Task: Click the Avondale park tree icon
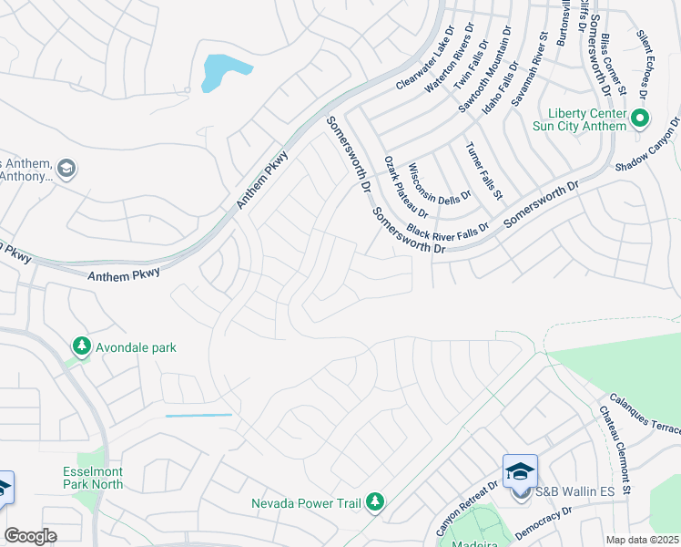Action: pyautogui.click(x=82, y=346)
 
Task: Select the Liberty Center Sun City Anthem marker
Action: pyautogui.click(x=640, y=118)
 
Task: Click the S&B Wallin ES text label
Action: pyautogui.click(x=574, y=491)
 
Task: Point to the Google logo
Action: pyautogui.click(x=30, y=536)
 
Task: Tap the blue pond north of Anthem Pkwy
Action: pyautogui.click(x=222, y=72)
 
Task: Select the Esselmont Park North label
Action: pyautogui.click(x=93, y=479)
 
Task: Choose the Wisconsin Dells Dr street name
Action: pyautogui.click(x=440, y=182)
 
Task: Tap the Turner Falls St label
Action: pyautogui.click(x=483, y=170)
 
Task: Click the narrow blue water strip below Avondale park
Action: pyautogui.click(x=198, y=416)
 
